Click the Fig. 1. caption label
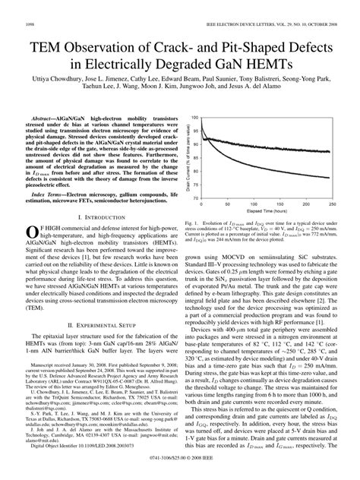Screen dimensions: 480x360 [191, 223]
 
